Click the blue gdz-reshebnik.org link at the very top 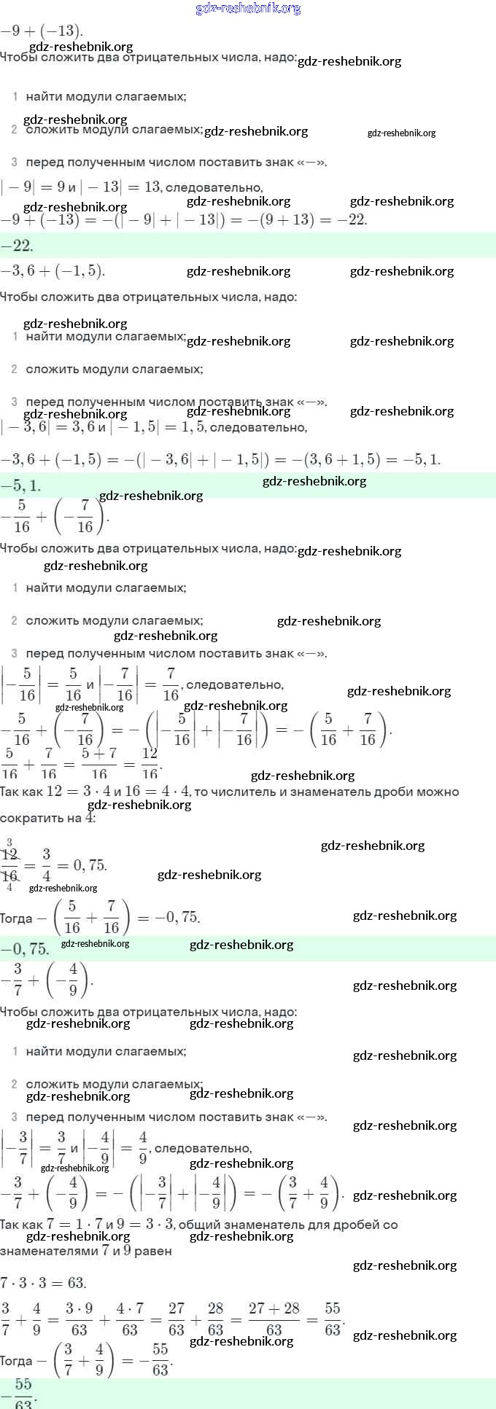click(248, 9)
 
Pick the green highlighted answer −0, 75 click(25, 948)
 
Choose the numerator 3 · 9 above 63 click(79, 1308)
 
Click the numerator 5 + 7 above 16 click(98, 754)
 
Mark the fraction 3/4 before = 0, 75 click(46, 865)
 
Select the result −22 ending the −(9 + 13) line click(355, 219)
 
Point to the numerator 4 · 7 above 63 click(130, 1308)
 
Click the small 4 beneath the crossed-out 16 click(9, 888)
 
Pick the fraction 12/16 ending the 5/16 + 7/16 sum click(150, 763)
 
